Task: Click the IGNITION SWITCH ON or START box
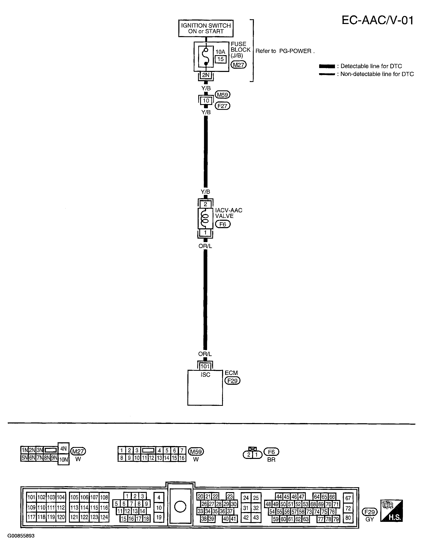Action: coord(206,28)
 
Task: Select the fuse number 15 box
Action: coord(221,59)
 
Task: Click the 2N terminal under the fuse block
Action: coord(206,75)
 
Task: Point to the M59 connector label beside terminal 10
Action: coord(222,95)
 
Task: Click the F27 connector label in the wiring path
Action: coord(222,106)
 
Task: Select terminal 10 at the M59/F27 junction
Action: coord(206,101)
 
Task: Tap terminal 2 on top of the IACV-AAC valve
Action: coord(205,204)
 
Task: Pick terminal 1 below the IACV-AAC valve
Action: coord(205,232)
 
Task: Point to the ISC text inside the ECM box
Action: coord(205,375)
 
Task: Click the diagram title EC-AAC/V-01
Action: coord(377,20)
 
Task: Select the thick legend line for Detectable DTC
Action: coord(327,66)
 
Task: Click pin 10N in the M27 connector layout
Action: coord(63,460)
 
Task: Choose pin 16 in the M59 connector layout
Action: coord(182,458)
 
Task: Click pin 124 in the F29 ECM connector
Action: coord(104,517)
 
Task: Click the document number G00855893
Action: coord(21,536)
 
